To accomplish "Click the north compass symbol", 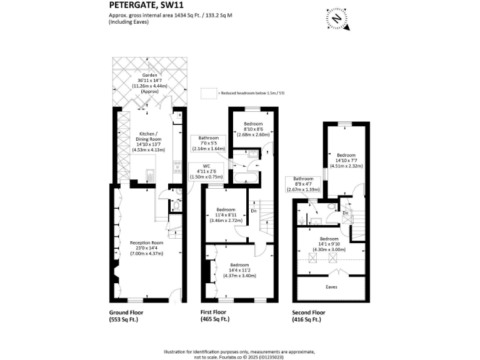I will pos(336,19).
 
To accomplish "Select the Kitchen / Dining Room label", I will pos(149,141).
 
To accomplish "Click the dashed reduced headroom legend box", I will pos(207,93).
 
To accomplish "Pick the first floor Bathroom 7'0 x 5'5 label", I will pos(209,143).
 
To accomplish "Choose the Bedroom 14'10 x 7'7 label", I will pos(346,160).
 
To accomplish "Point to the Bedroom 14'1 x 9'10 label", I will pos(329,244).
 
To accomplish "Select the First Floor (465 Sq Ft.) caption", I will pos(214,316).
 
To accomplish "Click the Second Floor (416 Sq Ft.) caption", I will pos(309,316).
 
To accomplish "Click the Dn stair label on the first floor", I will pos(253,211).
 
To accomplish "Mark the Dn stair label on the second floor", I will pos(346,213).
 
